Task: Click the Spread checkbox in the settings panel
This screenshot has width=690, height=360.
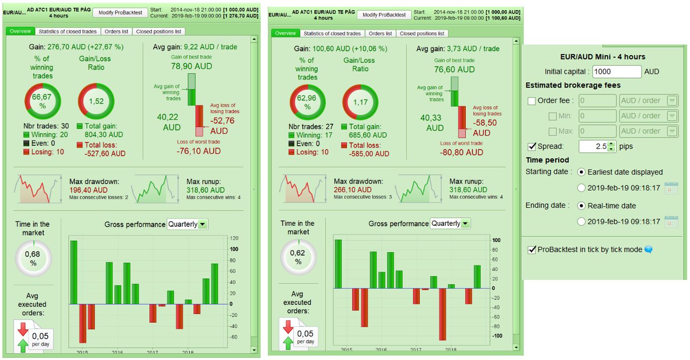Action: click(531, 146)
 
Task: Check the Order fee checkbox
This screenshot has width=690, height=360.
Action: click(531, 101)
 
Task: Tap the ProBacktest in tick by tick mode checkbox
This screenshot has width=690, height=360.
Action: click(531, 249)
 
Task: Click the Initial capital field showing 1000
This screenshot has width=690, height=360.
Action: click(617, 71)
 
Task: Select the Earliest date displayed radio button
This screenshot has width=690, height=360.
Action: click(581, 172)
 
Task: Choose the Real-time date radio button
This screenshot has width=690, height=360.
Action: click(581, 206)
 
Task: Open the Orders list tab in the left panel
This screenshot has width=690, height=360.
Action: click(117, 32)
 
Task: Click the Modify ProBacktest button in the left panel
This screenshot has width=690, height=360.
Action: click(120, 12)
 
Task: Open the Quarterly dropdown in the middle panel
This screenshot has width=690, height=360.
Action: click(450, 223)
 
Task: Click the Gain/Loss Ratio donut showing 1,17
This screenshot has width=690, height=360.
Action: click(360, 102)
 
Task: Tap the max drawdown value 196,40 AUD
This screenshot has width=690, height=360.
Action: click(87, 190)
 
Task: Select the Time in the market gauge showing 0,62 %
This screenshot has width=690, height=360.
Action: click(298, 257)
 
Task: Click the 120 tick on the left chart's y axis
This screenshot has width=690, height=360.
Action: click(234, 238)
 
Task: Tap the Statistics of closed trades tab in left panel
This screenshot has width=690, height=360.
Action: click(68, 32)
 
